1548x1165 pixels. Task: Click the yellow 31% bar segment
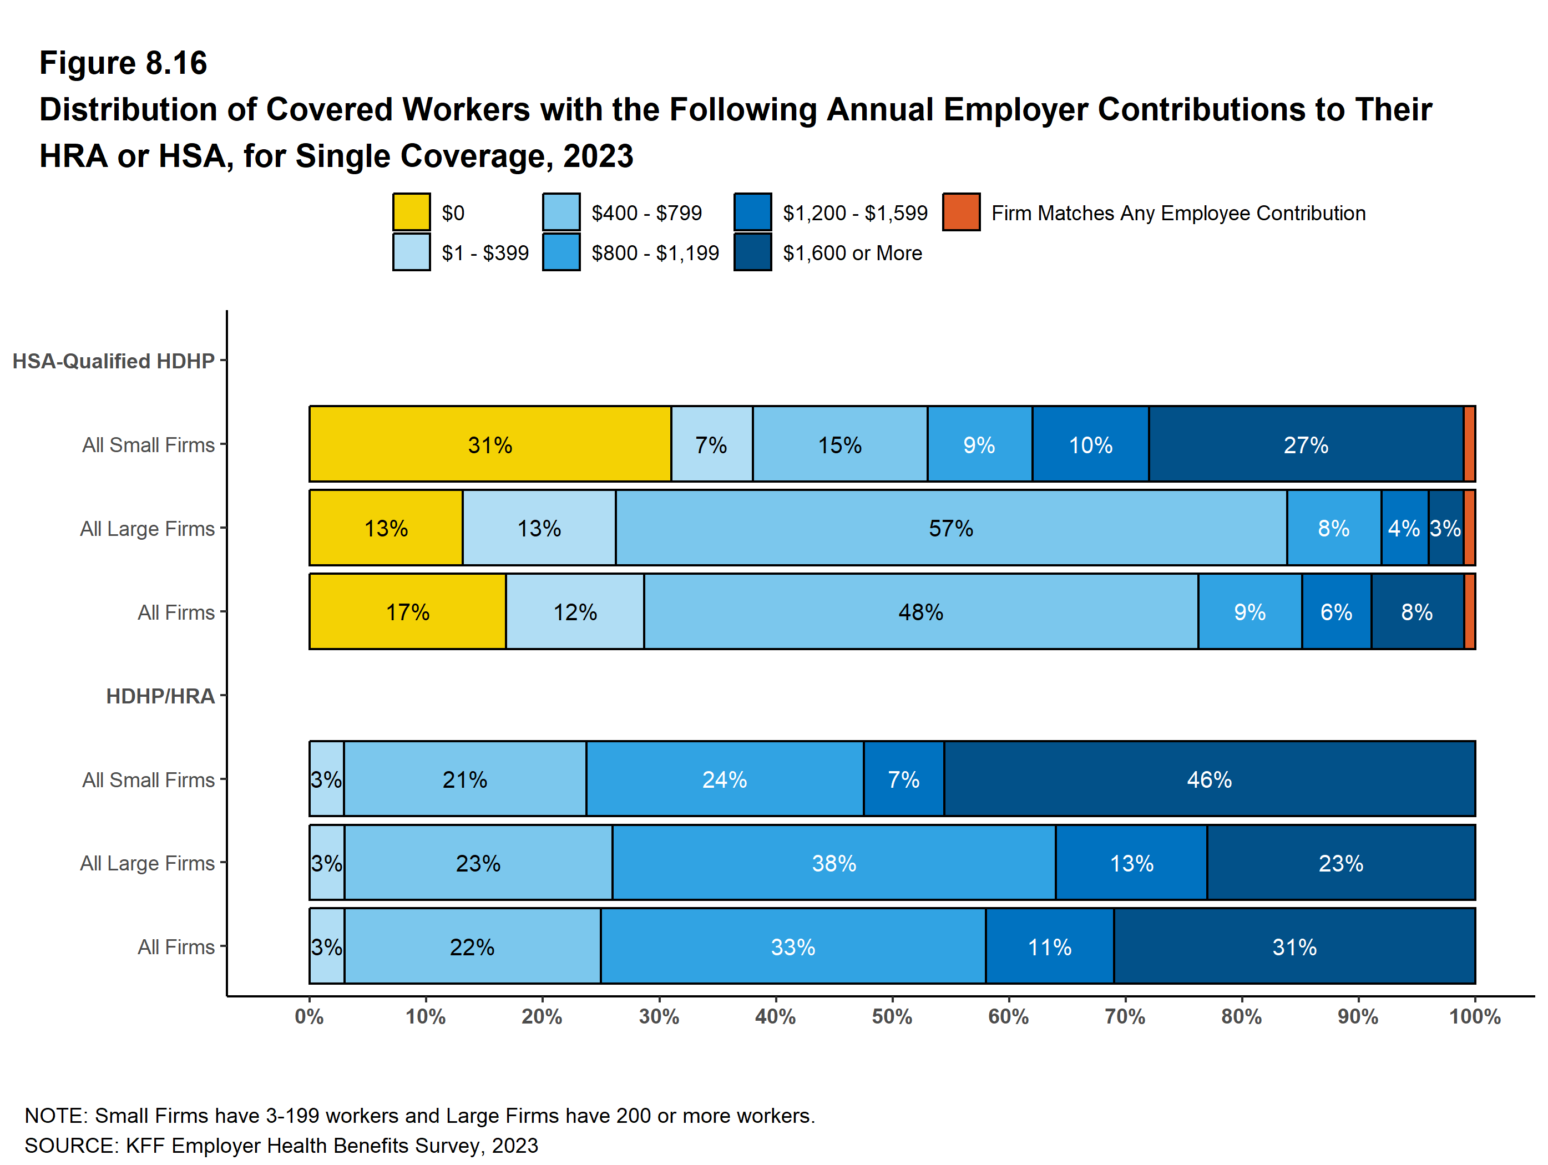(490, 444)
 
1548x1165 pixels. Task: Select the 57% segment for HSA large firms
(950, 528)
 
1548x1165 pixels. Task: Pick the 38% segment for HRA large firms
(833, 863)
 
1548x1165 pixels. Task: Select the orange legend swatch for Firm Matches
(961, 212)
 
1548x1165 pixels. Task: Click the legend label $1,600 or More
(852, 252)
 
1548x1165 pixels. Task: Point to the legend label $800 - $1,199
(655, 252)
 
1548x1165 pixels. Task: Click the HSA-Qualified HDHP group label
(113, 361)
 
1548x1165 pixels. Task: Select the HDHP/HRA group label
(160, 696)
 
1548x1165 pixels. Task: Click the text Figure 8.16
(123, 63)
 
